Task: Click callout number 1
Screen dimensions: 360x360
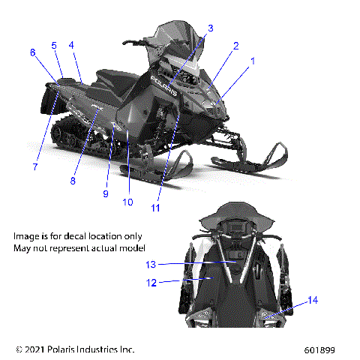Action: coord(253,60)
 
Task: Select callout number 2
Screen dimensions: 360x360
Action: coord(235,46)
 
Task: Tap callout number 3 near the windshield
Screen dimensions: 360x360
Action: coord(210,28)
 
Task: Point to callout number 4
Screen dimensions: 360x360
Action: coord(72,45)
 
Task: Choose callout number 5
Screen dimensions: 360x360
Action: coord(54,45)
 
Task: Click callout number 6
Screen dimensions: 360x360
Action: coord(32,52)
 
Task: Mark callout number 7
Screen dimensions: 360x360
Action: coord(34,166)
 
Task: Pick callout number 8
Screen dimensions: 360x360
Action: coord(73,180)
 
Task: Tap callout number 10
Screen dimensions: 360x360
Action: coord(127,202)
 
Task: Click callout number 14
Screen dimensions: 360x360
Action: coord(313,300)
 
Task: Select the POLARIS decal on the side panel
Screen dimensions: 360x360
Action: coord(163,86)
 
